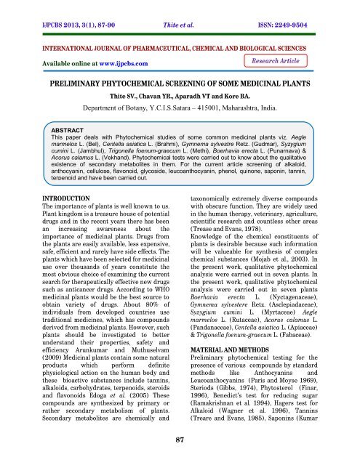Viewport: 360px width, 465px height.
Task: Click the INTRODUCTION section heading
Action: click(x=47, y=218)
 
